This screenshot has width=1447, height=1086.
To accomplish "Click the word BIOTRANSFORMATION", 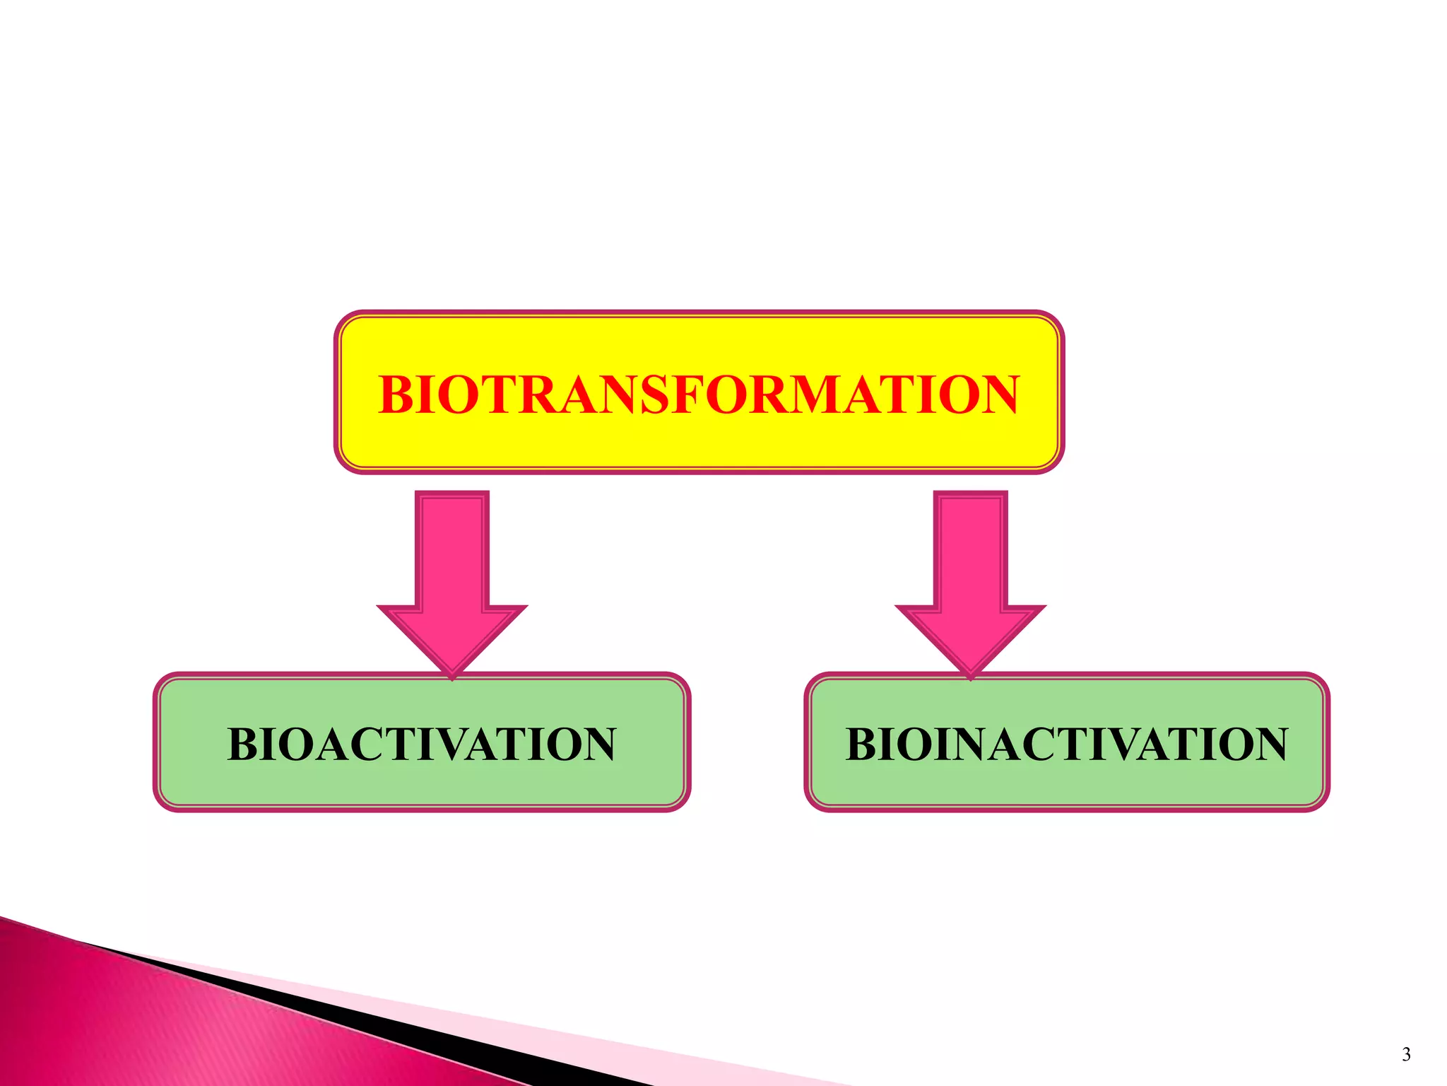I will click(699, 395).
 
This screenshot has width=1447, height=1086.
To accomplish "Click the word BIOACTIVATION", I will click(422, 745).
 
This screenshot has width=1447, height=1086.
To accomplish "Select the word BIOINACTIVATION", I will click(1067, 745).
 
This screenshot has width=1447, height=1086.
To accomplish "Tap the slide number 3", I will click(1406, 1054).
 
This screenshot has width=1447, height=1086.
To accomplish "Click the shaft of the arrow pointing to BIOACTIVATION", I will click(452, 551).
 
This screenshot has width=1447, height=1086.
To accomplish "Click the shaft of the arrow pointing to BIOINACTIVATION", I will click(971, 551).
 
